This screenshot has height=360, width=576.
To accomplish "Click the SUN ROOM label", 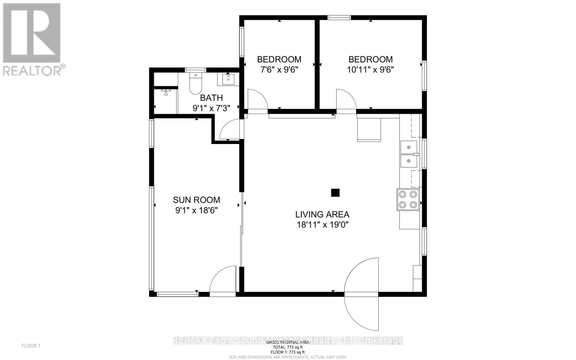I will click(x=196, y=200).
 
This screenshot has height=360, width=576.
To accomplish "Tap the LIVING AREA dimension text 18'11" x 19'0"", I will click(x=322, y=225).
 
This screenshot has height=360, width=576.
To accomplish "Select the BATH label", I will click(x=211, y=98).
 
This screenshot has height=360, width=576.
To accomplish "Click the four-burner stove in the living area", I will click(x=408, y=199).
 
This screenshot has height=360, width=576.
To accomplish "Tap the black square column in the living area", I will click(x=335, y=193).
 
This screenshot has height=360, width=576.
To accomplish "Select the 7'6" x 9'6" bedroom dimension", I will click(x=279, y=69).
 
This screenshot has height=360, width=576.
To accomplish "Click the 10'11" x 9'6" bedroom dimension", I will click(x=370, y=69).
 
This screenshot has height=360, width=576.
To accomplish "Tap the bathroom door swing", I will click(x=230, y=130).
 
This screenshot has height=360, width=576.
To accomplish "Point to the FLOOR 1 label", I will click(x=31, y=346).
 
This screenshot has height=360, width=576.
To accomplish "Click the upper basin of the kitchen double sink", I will click(x=408, y=147).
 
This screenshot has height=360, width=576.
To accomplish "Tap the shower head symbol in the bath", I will click(x=166, y=92).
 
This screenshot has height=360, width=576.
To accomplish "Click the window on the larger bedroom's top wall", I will click(x=339, y=17).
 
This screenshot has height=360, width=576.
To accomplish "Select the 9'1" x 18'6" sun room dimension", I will click(x=196, y=210).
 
